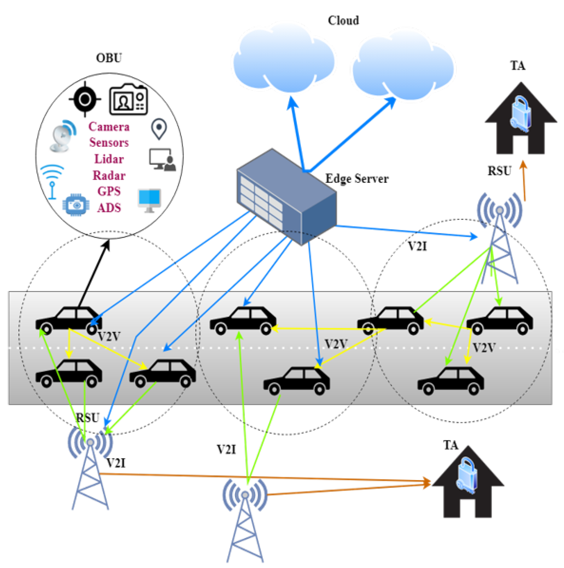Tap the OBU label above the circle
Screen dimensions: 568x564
click(x=109, y=58)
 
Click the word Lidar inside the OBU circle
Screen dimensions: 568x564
click(x=109, y=159)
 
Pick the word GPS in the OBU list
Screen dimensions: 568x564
click(x=109, y=191)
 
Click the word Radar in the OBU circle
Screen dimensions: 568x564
click(x=109, y=176)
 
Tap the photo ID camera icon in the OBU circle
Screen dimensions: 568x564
click(x=128, y=100)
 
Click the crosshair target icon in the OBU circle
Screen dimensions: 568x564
click(x=85, y=99)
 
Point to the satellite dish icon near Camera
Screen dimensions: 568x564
click(x=62, y=136)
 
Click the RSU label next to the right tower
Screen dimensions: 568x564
click(x=499, y=171)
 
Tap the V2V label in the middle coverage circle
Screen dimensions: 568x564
click(x=336, y=344)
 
